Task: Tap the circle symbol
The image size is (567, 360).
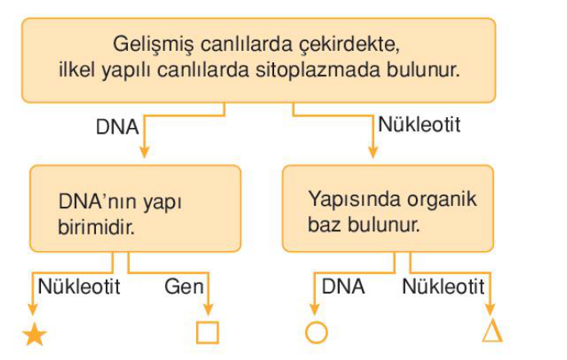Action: point(316,333)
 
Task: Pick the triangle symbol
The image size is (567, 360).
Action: point(492,331)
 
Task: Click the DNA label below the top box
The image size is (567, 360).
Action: point(117,127)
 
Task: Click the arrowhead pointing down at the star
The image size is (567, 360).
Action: point(34,310)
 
